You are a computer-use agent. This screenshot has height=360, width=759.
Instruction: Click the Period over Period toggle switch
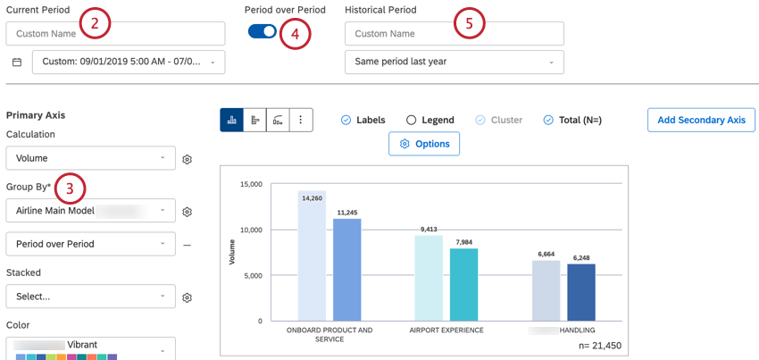[263, 31]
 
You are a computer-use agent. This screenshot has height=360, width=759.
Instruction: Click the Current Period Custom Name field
[115, 34]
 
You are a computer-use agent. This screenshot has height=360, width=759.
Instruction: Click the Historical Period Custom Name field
[454, 34]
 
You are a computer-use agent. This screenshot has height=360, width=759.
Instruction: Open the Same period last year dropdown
[454, 62]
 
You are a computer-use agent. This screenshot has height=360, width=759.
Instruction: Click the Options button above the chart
[424, 144]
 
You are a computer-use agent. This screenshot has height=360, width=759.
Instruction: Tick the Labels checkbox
[346, 120]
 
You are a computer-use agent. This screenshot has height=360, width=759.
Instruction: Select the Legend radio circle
[411, 120]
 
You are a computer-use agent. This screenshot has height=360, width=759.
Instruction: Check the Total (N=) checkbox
[548, 120]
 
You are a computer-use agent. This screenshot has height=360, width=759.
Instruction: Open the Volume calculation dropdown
[90, 158]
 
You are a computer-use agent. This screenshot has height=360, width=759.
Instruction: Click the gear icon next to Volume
[188, 159]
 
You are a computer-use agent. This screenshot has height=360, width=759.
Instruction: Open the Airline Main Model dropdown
[90, 211]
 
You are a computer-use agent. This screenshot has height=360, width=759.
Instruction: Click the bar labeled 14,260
[312, 255]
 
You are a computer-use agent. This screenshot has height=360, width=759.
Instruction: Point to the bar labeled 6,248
[580, 292]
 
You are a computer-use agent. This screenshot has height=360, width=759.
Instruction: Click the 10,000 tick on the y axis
[250, 230]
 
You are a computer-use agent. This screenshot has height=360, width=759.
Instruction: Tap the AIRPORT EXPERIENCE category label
[446, 331]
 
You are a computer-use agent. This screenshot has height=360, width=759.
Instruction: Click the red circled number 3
[70, 188]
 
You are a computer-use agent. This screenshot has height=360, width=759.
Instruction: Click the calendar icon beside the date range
[17, 63]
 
